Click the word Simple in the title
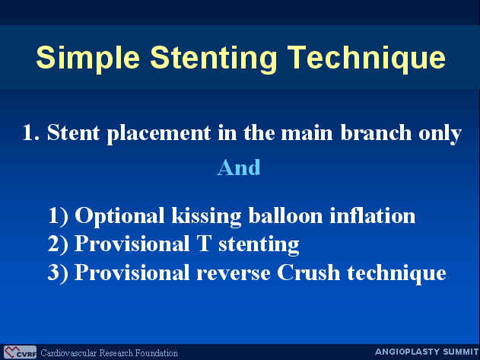click(88, 58)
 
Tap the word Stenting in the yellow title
click(213, 58)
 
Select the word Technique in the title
click(366, 58)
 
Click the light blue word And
click(239, 167)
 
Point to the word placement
click(159, 134)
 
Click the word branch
click(376, 132)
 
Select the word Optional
click(119, 216)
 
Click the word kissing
click(206, 216)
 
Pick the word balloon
click(285, 215)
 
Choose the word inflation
click(372, 215)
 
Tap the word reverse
click(234, 273)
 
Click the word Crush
click(308, 272)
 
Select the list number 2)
click(58, 244)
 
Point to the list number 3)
click(58, 272)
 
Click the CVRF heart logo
click(20, 352)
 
